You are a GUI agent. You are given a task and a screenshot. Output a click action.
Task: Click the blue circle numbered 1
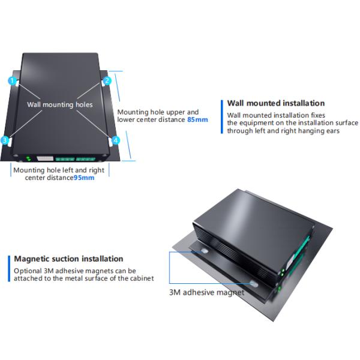[12, 81]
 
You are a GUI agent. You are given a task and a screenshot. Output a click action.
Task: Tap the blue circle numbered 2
[107, 81]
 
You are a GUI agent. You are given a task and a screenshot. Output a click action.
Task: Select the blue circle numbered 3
[5, 140]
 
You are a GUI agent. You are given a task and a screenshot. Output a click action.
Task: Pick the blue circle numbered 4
[116, 140]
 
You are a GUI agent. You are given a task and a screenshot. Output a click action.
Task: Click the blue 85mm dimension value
[197, 119]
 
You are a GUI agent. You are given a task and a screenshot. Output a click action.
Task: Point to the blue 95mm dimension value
[84, 178]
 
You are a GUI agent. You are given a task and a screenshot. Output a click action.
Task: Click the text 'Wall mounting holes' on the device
[60, 104]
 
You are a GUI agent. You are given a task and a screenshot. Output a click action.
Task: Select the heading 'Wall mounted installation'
[276, 103]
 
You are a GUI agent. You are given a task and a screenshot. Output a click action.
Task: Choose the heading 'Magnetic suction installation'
[68, 259]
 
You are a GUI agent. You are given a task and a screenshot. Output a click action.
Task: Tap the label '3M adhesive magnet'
[206, 292]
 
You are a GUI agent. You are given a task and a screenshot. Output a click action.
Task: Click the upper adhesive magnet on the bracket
[204, 251]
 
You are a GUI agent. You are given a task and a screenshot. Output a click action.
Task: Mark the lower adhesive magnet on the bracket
[254, 284]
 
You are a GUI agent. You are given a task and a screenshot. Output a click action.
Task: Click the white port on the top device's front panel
[45, 158]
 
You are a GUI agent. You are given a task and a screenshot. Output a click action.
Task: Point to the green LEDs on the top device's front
[28, 158]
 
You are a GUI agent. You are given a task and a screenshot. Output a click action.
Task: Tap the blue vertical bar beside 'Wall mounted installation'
[222, 116]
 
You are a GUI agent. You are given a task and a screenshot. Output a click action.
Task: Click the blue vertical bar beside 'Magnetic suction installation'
[9, 268]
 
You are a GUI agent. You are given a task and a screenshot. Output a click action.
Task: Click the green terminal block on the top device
[76, 159]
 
